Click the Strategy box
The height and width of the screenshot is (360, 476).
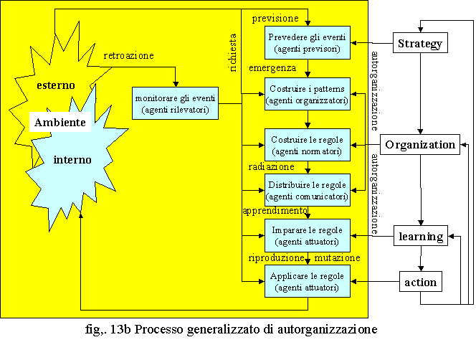click(420, 43)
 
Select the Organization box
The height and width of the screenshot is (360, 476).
click(420, 145)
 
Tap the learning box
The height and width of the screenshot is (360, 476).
click(421, 236)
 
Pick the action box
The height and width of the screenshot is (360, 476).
click(421, 282)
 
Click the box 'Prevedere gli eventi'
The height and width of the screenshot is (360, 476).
click(308, 42)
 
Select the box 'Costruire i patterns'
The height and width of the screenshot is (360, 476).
click(308, 94)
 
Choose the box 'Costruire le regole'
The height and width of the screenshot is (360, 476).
click(308, 145)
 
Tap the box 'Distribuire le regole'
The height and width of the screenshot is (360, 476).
click(308, 190)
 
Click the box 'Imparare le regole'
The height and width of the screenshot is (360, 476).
click(308, 235)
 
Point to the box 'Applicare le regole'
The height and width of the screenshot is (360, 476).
click(308, 281)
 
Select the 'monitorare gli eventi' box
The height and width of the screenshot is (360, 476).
click(175, 103)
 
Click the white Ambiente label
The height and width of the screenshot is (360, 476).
click(60, 122)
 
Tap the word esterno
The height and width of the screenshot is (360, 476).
click(56, 85)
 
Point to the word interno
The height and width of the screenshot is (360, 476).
click(72, 160)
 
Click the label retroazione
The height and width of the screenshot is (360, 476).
click(129, 56)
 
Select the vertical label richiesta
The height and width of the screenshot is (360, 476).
click(233, 52)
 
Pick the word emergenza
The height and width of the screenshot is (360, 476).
click(272, 68)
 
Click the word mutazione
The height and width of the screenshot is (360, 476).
click(337, 258)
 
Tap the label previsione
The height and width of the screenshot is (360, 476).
click(275, 19)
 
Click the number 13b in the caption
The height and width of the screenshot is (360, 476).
click(120, 329)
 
